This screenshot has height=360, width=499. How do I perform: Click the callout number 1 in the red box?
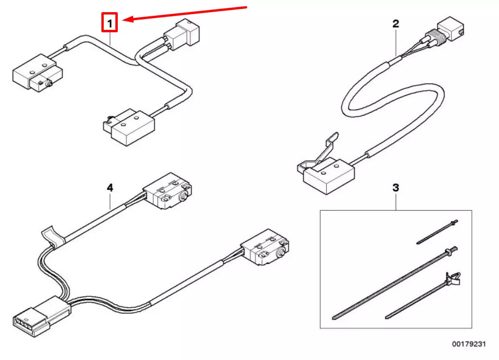pos(109,22)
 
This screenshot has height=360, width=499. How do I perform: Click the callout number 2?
pos(396,23)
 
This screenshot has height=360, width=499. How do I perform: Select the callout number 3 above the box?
pos(396,188)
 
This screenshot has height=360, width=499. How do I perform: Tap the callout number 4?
pos(109,188)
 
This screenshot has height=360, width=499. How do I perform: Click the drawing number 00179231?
pos(469,344)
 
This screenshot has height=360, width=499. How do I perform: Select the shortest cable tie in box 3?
pos(437,232)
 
